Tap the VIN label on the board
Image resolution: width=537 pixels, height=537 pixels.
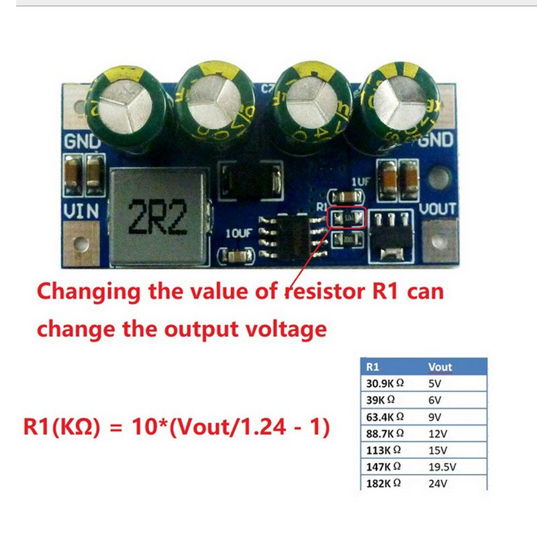pyautogui.click(x=81, y=212)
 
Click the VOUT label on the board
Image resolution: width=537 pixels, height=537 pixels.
pyautogui.click(x=438, y=209)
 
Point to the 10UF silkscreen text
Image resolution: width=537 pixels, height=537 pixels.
pyautogui.click(x=238, y=234)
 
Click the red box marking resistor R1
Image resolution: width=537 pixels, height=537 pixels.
pyautogui.click(x=347, y=217)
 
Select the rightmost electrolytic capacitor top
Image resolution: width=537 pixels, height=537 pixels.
pyautogui.click(x=399, y=99)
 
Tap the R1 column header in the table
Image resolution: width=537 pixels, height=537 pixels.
pyautogui.click(x=373, y=367)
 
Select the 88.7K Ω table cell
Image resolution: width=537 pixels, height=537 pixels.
pyautogui.click(x=385, y=434)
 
